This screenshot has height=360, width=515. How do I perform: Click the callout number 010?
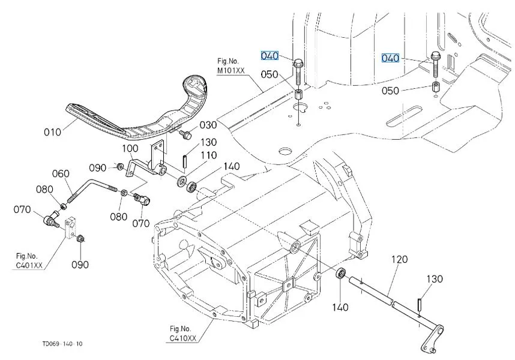click(x=52, y=131)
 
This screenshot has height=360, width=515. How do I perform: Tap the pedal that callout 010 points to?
click(x=138, y=114)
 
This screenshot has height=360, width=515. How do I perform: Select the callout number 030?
click(x=208, y=125)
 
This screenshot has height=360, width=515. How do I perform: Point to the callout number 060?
click(x=61, y=173)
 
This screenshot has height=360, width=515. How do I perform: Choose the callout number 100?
click(x=130, y=148)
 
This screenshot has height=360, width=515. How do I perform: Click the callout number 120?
click(x=400, y=260)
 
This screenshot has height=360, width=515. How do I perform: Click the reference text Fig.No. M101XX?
click(x=230, y=65)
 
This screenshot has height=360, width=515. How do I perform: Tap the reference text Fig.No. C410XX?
click(x=182, y=333)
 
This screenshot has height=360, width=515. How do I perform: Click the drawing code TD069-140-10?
click(x=62, y=344)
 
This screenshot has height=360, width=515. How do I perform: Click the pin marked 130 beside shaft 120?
click(x=421, y=305)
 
